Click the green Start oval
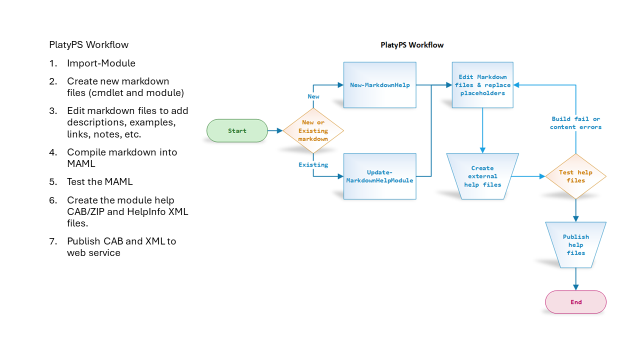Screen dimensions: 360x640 click(237, 130)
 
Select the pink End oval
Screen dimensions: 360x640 click(575, 302)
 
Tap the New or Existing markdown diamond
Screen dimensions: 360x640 click(313, 130)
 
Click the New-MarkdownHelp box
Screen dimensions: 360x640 click(379, 85)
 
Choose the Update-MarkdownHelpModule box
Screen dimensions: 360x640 click(379, 176)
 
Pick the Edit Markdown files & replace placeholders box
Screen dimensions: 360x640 click(482, 85)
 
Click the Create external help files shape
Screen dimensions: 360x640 click(482, 176)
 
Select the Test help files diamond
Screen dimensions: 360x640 click(575, 176)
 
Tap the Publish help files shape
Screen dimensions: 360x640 click(575, 244)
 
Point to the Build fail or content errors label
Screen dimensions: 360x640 click(575, 123)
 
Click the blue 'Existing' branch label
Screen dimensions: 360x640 click(313, 164)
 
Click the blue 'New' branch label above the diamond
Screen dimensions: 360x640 click(313, 96)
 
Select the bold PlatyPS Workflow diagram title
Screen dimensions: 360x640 click(412, 45)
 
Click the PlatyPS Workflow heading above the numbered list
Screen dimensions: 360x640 click(88, 44)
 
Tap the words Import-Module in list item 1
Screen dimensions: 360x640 click(101, 63)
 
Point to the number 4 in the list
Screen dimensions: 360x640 click(53, 152)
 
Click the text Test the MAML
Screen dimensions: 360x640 click(100, 181)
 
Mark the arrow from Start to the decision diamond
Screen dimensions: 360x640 click(275, 130)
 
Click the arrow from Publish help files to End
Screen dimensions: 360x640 click(575, 279)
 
